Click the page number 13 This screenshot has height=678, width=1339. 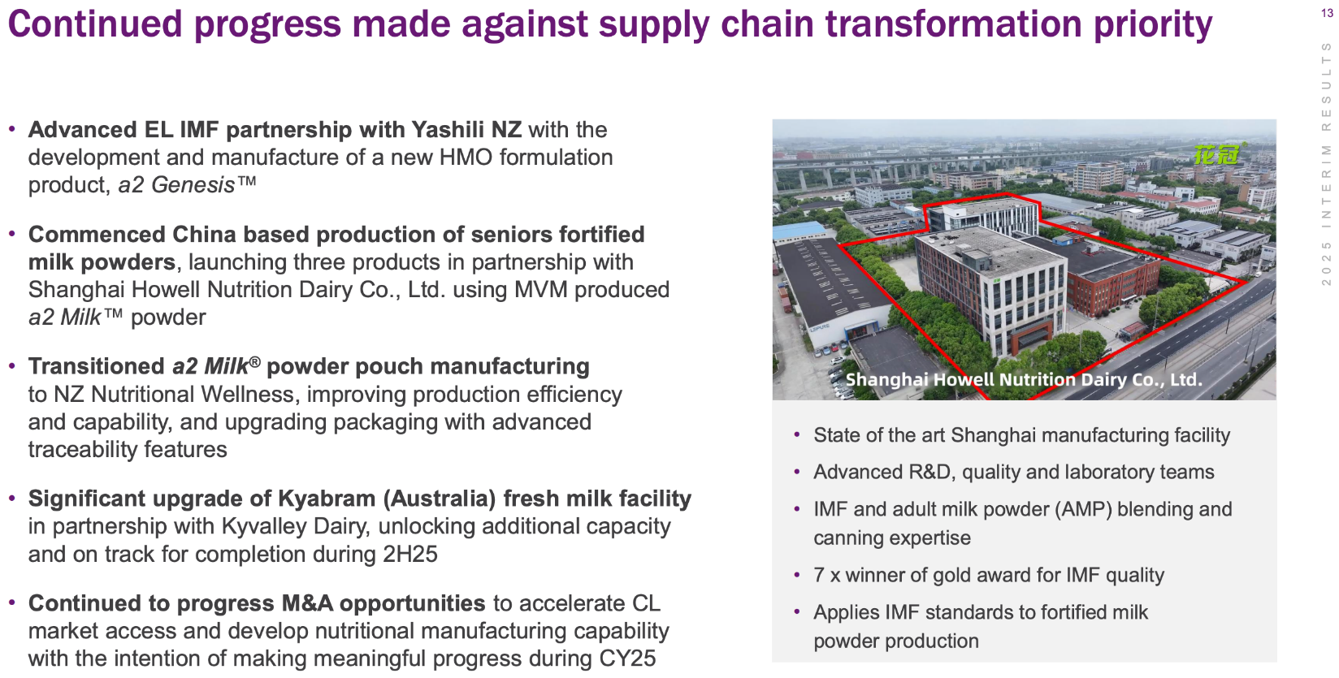coord(1327,12)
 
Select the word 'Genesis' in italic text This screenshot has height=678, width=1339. coord(193,185)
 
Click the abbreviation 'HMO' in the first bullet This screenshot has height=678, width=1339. coord(466,157)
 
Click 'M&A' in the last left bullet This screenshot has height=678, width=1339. coord(307,603)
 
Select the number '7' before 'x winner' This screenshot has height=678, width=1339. coord(819,575)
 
